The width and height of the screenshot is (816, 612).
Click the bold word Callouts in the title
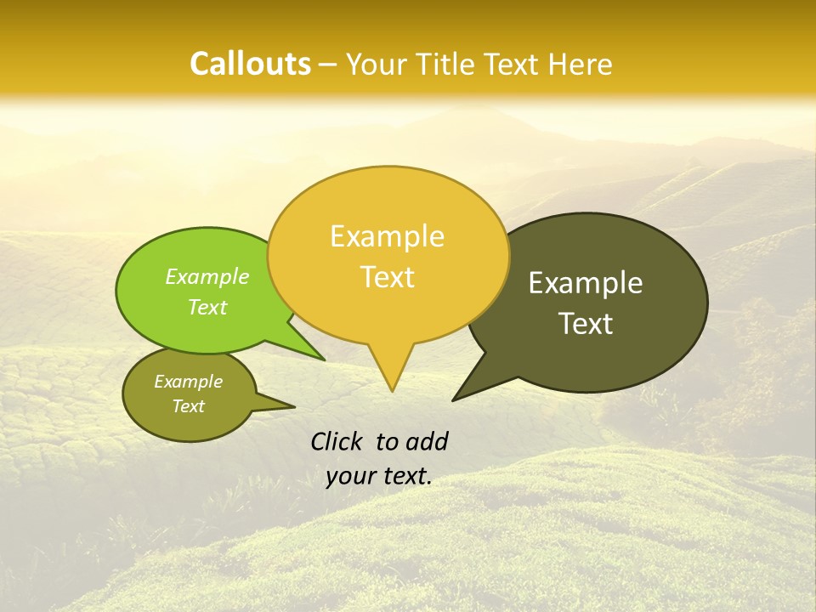click(x=250, y=64)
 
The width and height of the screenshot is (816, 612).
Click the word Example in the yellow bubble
click(x=387, y=236)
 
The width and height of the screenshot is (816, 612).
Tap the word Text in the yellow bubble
click(x=388, y=277)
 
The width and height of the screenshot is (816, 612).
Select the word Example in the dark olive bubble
click(x=586, y=283)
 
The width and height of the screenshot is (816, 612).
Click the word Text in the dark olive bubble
click(x=586, y=324)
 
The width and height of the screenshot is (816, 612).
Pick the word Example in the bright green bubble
click(x=207, y=277)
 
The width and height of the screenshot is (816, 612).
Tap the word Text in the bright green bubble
click(x=207, y=308)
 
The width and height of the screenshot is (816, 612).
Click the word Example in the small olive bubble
click(x=188, y=382)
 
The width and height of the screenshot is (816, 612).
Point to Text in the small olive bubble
click(x=188, y=406)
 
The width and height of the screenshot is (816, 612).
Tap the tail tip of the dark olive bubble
click(x=454, y=399)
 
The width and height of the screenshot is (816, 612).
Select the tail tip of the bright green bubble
click(x=323, y=359)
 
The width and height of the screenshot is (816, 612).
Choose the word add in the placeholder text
click(x=427, y=441)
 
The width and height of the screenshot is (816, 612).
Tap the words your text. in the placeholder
click(x=379, y=476)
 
